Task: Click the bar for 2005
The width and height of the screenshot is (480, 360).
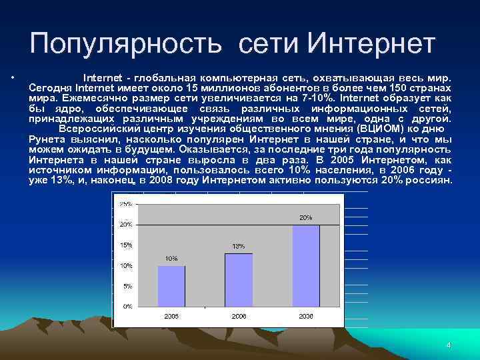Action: (171, 285)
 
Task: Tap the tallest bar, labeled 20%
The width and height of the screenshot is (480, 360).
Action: (306, 265)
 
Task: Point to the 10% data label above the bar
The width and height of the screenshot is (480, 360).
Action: (171, 258)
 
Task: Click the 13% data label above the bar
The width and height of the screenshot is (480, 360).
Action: (239, 246)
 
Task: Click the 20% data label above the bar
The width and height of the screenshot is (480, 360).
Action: (306, 217)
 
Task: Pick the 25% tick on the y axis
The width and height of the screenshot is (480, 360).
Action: (125, 203)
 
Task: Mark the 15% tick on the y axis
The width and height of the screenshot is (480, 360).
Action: (125, 245)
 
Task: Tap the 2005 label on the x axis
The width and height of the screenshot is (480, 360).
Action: (171, 315)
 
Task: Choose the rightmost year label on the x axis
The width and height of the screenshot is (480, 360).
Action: (306, 315)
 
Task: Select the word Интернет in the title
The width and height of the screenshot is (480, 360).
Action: (371, 44)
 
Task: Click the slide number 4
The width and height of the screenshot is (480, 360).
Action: (449, 345)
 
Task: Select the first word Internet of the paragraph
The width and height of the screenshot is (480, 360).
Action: (98, 77)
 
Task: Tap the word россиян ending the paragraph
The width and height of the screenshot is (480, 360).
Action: (428, 181)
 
